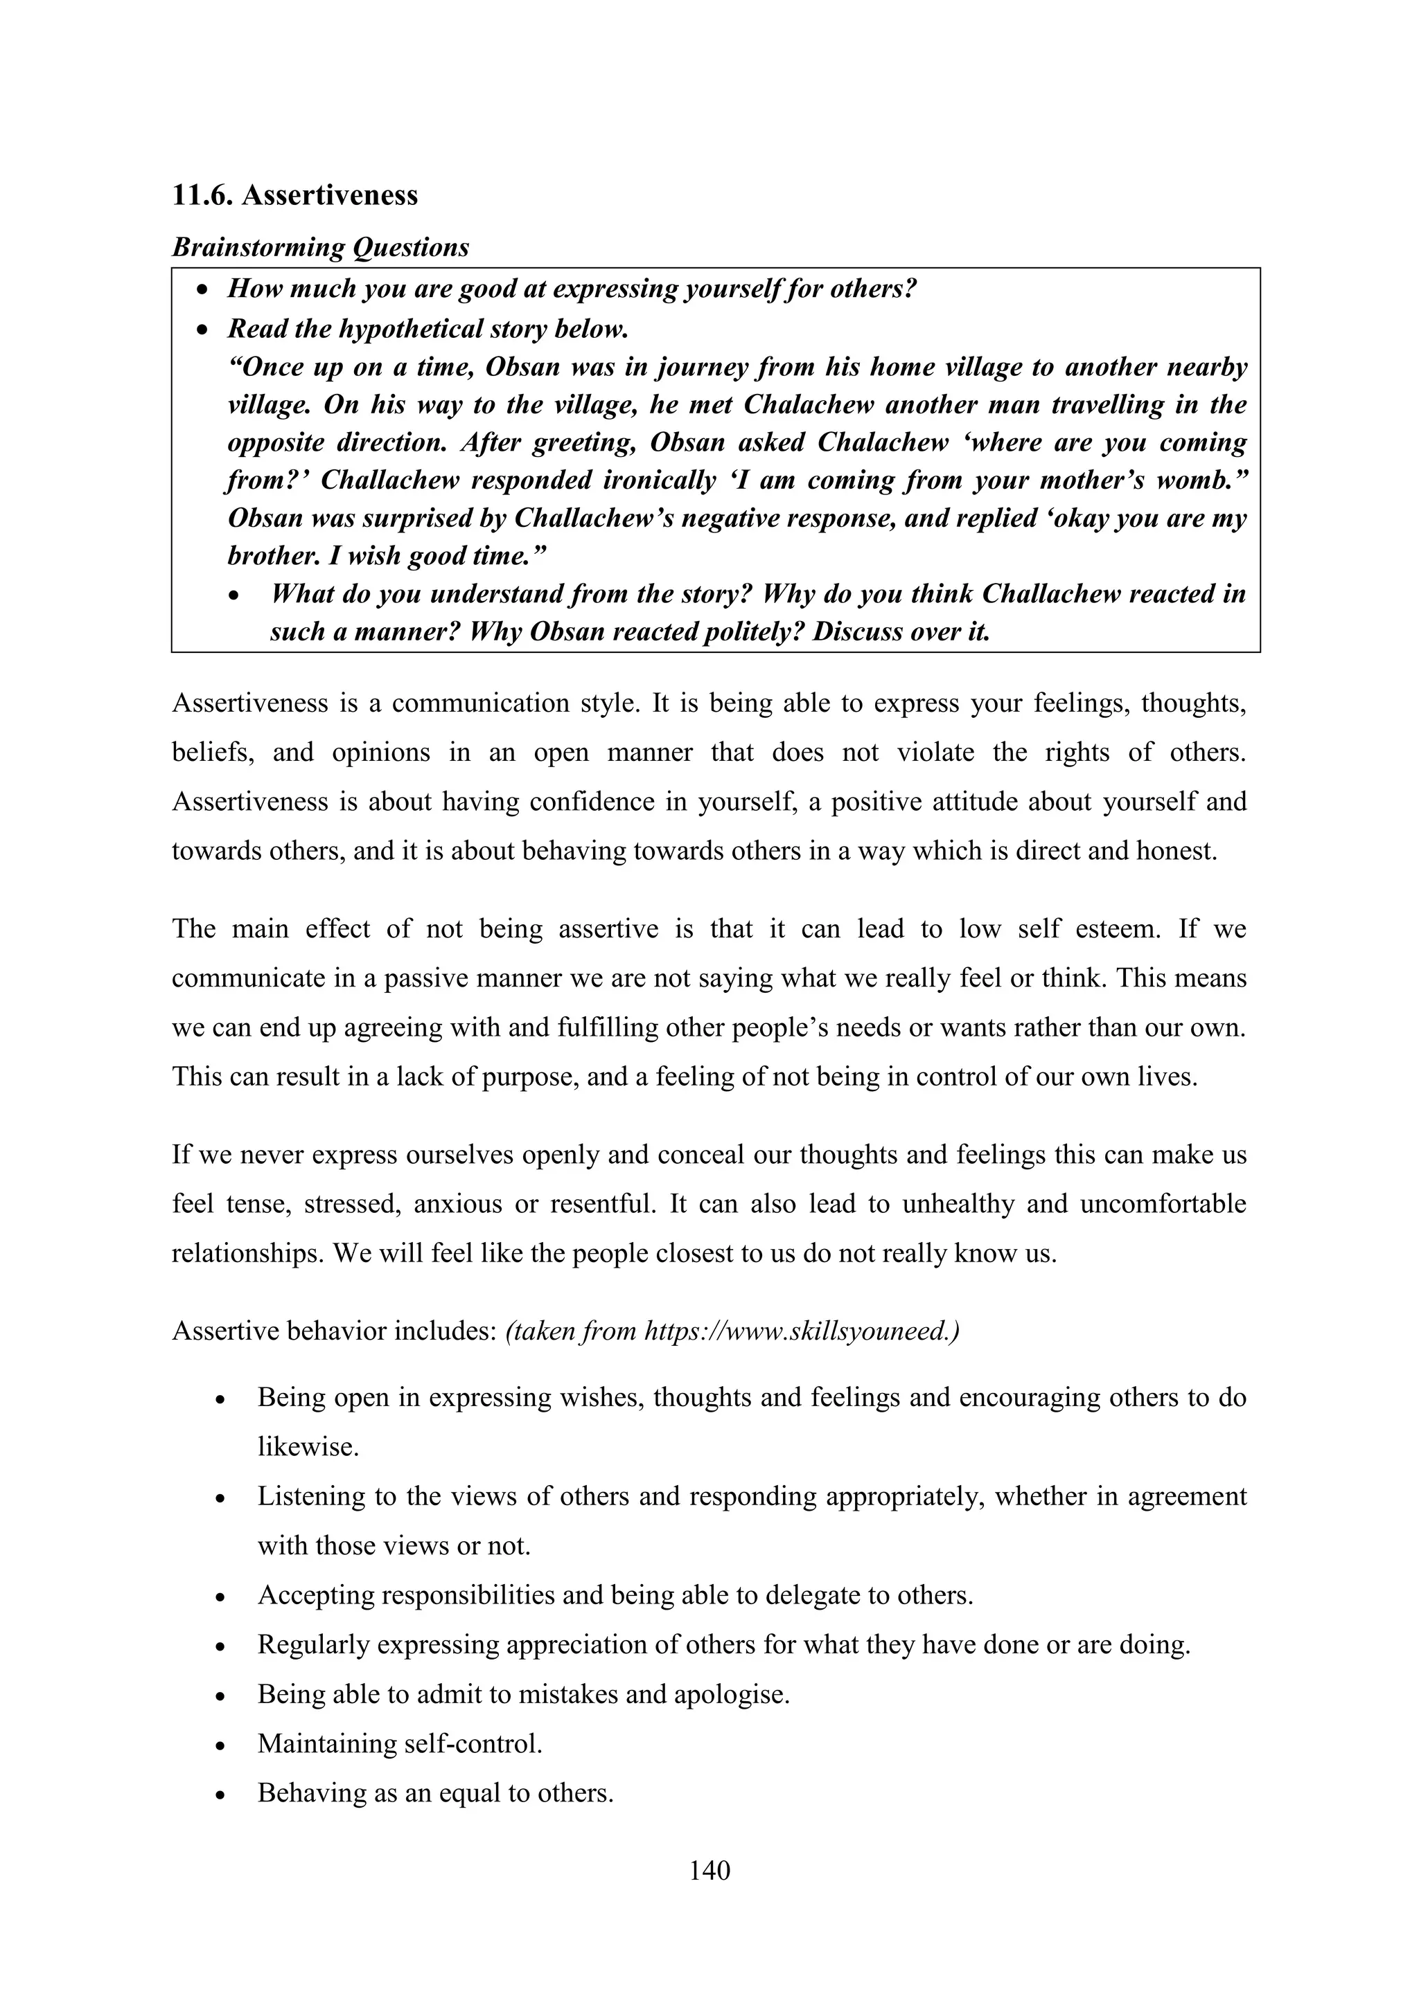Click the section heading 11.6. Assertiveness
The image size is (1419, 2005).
[x=294, y=195]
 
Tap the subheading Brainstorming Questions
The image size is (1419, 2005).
[x=320, y=247]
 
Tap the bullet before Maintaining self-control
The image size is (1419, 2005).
[x=221, y=1745]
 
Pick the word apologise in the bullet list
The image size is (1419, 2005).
[x=730, y=1694]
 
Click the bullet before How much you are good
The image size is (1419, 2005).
[x=203, y=290]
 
